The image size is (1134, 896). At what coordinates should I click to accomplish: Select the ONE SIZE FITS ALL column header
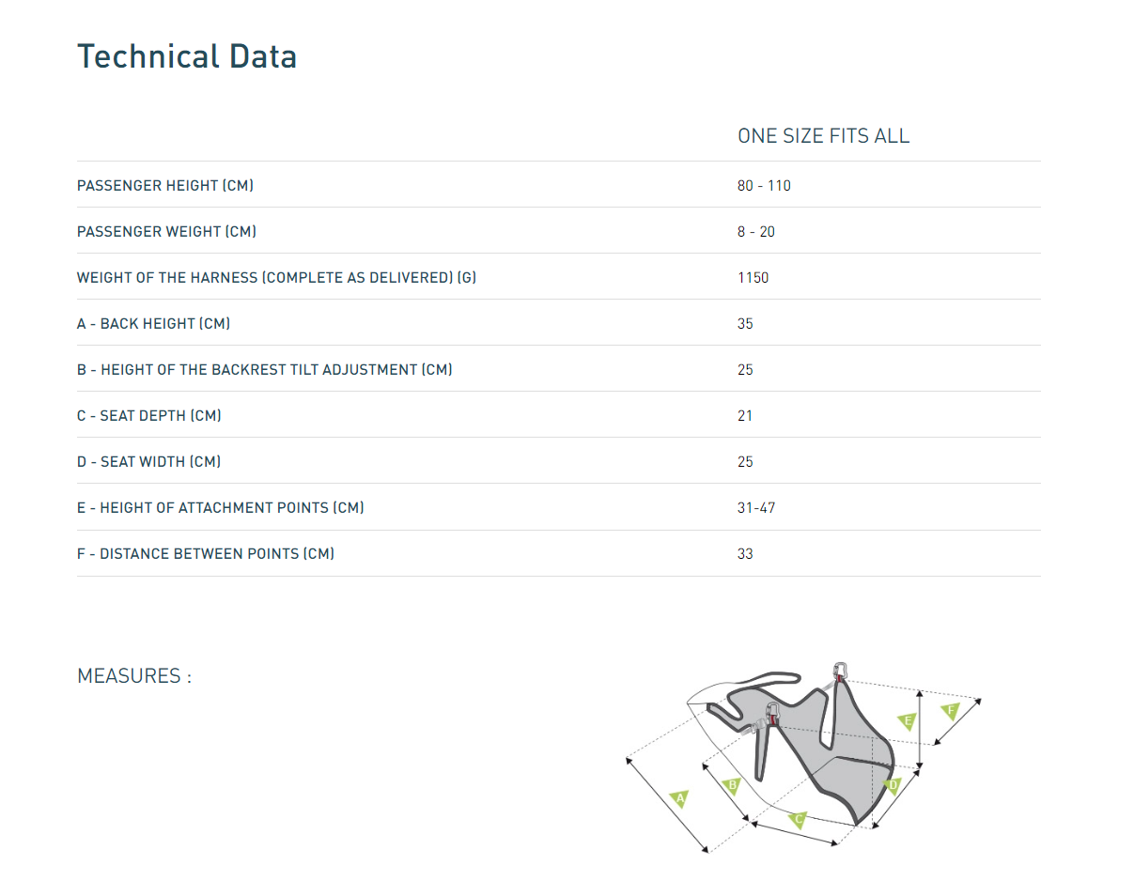823,136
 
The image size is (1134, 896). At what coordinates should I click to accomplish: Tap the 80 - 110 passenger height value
764,186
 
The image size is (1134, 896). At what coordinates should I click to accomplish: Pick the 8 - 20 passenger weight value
756,232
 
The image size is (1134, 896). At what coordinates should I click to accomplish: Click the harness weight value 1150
753,278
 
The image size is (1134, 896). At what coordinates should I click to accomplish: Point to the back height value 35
745,324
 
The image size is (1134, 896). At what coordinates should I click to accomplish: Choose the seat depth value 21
745,416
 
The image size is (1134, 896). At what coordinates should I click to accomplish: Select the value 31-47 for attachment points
756,508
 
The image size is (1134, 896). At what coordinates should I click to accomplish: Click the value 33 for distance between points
745,554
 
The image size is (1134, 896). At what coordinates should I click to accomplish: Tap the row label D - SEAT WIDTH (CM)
148,462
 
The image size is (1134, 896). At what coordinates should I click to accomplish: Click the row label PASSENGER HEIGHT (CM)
164,186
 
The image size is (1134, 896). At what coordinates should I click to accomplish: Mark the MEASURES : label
133,676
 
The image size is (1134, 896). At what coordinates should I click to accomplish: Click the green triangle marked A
680,799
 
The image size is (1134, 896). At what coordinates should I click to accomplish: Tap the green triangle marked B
733,784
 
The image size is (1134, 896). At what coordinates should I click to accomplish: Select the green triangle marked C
799,819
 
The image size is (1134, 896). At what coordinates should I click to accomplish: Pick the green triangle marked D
893,784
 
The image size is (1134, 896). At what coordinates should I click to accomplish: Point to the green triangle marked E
907,721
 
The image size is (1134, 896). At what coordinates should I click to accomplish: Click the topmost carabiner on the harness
842,671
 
